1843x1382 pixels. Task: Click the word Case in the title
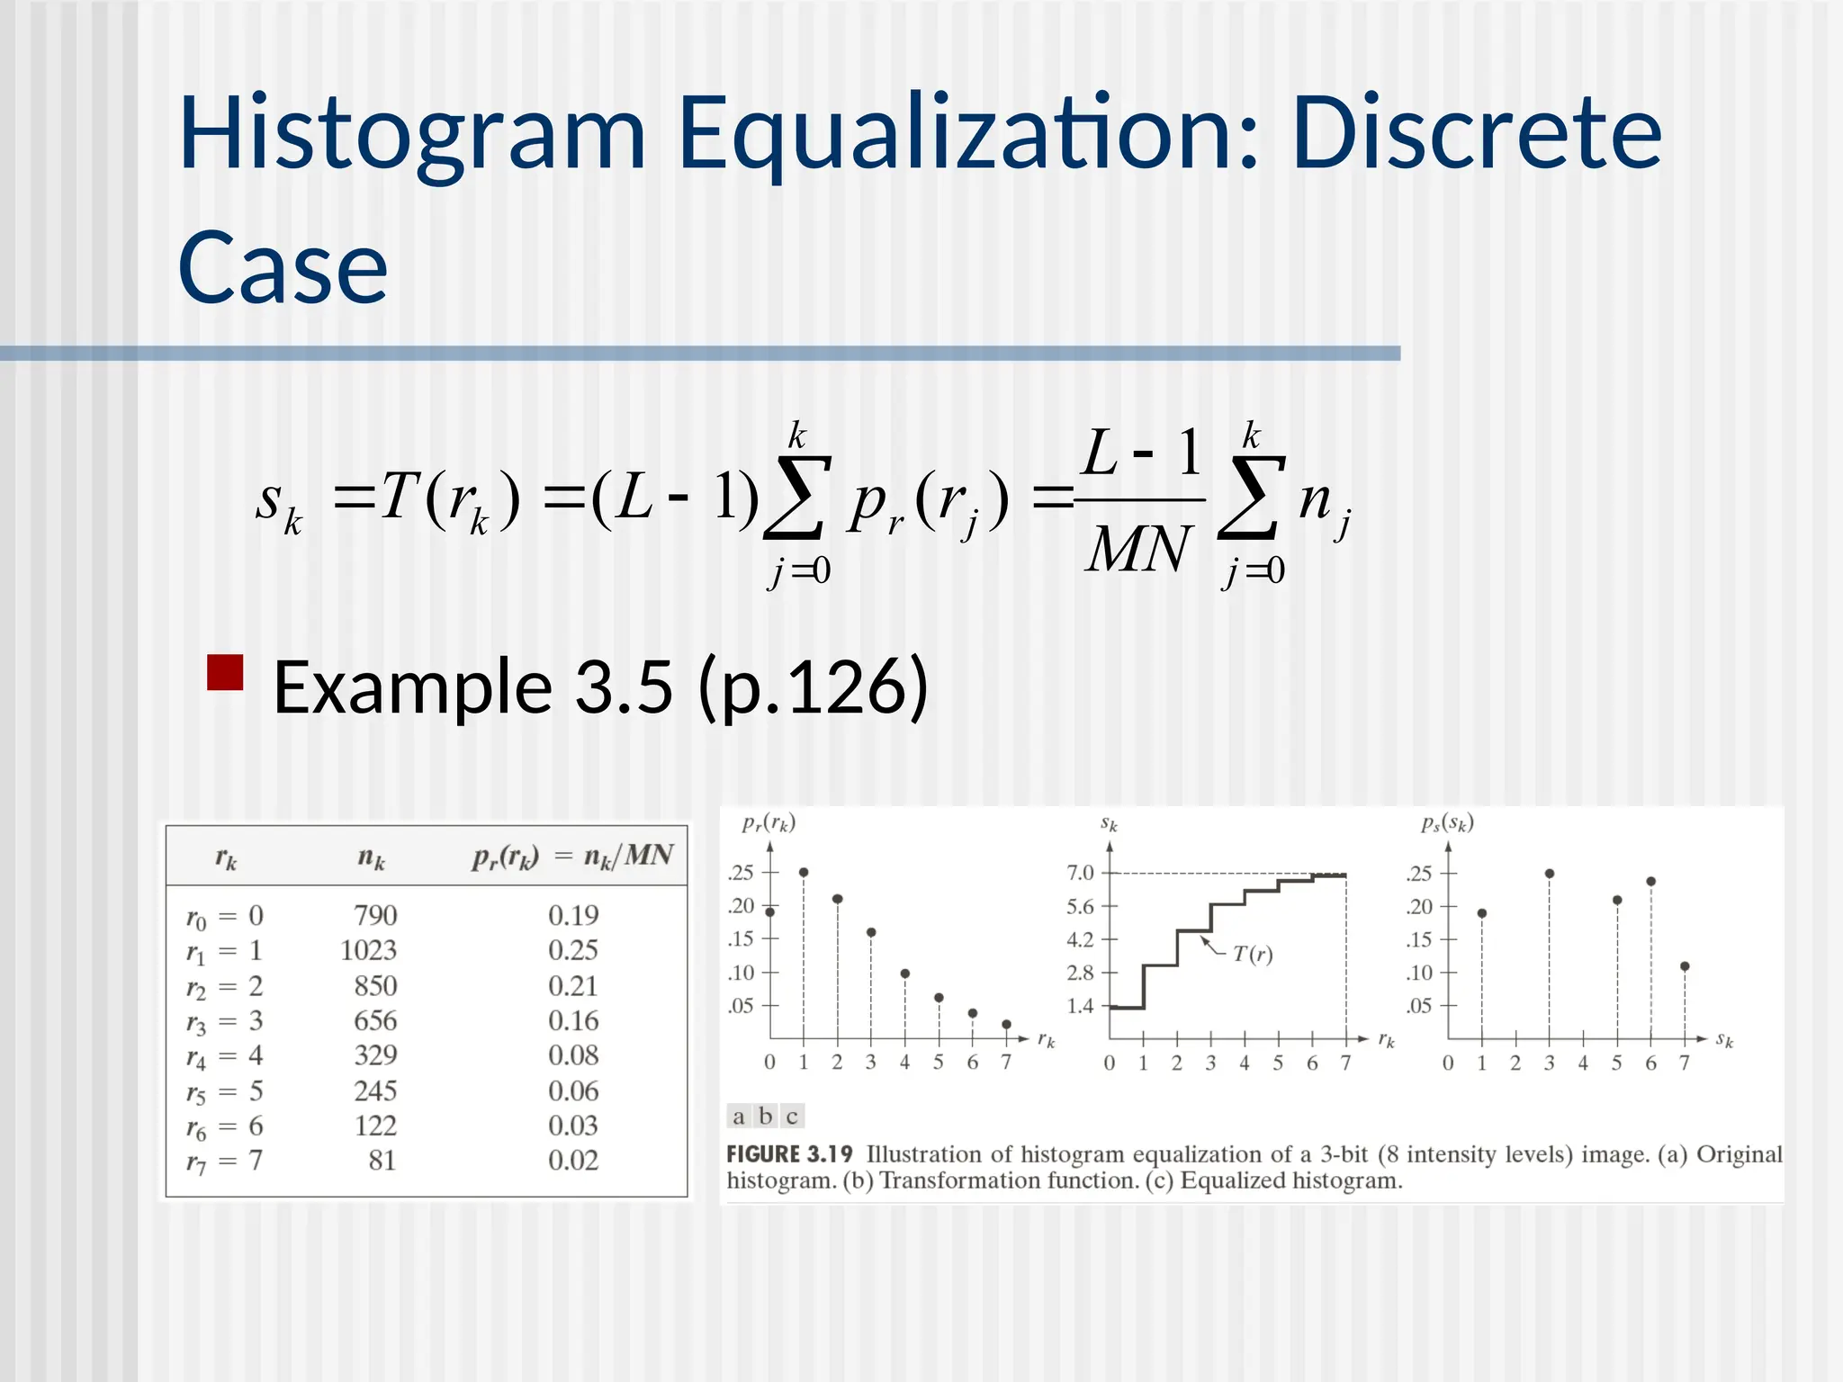pos(283,268)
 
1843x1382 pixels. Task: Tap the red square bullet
pos(225,672)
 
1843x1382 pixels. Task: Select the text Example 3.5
pos(472,687)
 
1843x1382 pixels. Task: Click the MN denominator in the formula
pos(1138,549)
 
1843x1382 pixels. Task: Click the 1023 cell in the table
pos(368,950)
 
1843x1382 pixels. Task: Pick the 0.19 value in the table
pos(573,915)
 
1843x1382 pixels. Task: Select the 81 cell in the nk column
pos(382,1161)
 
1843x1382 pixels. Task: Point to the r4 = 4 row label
pos(224,1055)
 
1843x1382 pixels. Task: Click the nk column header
pos(371,857)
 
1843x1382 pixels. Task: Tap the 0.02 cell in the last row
pos(573,1161)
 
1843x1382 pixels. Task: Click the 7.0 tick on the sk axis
pos(1080,873)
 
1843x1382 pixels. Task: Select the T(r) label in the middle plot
pos(1253,954)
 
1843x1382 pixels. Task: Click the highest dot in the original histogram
pos(804,872)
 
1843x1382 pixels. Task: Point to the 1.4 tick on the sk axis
pos(1080,1006)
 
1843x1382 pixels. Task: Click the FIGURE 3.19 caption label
pos(789,1154)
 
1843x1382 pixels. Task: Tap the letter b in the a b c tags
pos(765,1117)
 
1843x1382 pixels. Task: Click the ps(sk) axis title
pos(1447,823)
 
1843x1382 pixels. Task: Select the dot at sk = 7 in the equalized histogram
pos(1685,966)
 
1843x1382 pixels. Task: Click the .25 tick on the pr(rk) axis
pos(742,873)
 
